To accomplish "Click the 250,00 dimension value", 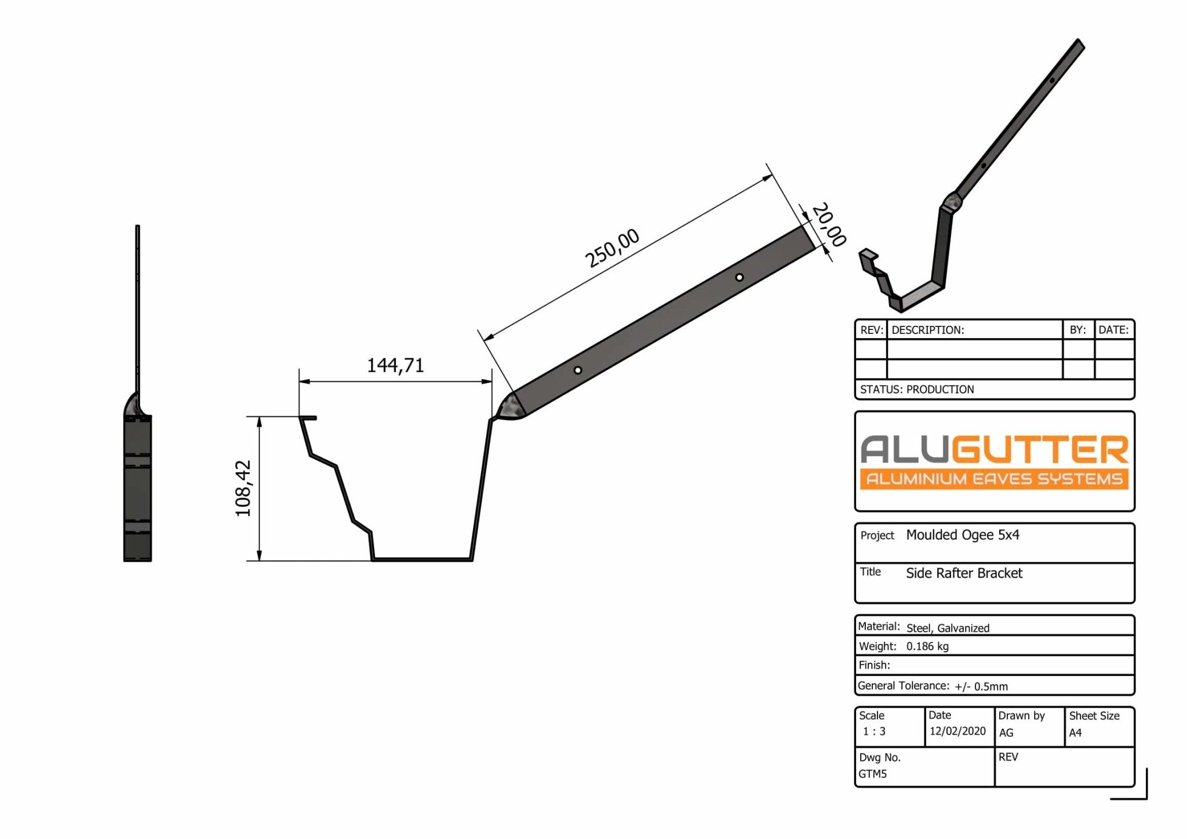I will tap(613, 248).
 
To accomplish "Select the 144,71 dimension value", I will tap(395, 365).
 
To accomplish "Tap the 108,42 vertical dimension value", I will tap(243, 488).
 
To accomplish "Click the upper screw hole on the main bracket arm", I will tap(739, 278).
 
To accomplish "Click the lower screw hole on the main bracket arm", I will tap(577, 370).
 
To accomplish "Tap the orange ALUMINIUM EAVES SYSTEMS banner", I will tap(994, 479).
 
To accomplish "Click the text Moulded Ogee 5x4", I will tap(962, 535).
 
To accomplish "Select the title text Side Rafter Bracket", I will tap(964, 573).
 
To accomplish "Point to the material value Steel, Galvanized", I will tap(948, 628).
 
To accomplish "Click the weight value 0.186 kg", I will tap(927, 646).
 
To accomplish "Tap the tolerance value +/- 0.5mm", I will tap(981, 687).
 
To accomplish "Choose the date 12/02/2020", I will tap(957, 731).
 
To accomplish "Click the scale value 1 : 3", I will tap(874, 732).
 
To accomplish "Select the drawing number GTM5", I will tap(872, 774).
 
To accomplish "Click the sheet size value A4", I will tap(1075, 733).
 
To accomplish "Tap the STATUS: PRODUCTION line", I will tap(917, 390).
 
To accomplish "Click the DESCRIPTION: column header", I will tap(927, 330).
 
